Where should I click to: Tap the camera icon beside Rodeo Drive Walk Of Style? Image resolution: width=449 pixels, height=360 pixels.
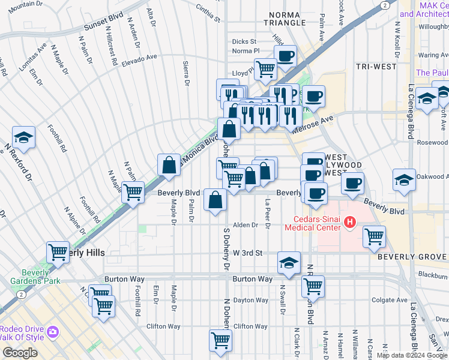pos(53,332)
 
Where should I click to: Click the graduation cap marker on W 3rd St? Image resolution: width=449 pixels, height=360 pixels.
pos(289,263)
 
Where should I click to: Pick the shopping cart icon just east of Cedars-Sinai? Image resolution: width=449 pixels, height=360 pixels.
pos(374,236)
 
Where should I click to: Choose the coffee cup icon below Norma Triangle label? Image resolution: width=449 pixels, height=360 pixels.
pos(285,56)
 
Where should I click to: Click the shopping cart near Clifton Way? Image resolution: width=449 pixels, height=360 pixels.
pos(220,340)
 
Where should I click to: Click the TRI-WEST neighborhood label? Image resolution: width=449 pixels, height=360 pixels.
pos(375,66)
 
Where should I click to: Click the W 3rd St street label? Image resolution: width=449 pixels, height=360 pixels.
pos(248,253)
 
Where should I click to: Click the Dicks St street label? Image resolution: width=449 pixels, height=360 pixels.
pos(244,42)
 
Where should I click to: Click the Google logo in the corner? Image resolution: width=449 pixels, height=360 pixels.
pos(20,353)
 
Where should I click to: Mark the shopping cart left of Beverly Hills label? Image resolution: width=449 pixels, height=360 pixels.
pos(58,252)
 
